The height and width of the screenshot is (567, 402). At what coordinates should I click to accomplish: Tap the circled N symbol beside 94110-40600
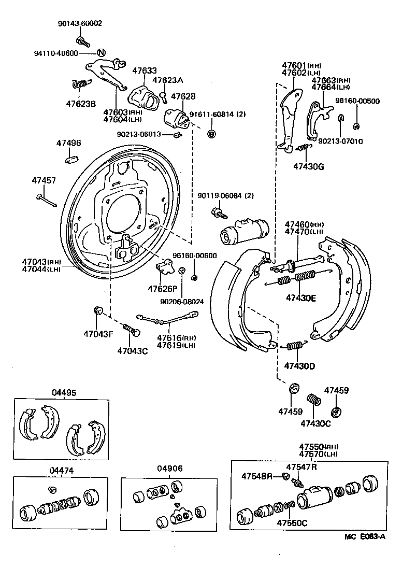point(101,53)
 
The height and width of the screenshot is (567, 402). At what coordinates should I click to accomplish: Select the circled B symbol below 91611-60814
point(211,134)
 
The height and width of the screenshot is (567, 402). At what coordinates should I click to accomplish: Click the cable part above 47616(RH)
point(166,315)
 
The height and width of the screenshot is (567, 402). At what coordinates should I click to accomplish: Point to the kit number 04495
point(63,392)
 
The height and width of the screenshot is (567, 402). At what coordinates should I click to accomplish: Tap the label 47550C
point(291,522)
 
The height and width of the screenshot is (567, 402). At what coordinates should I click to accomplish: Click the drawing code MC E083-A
point(365,536)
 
